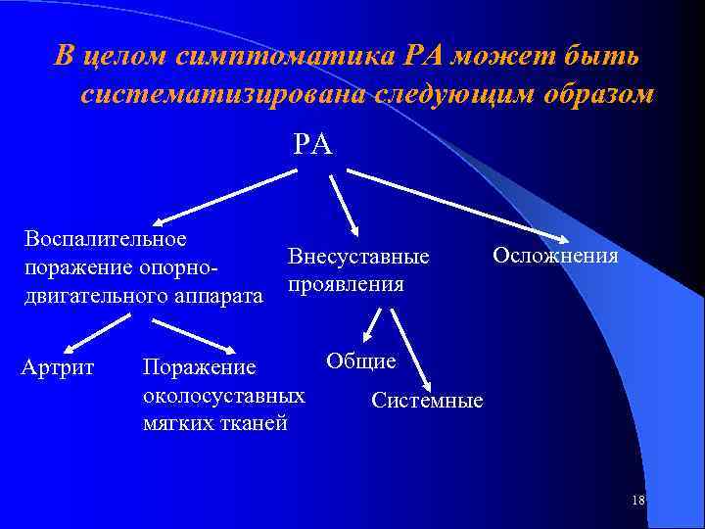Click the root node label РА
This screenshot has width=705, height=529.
coord(313,145)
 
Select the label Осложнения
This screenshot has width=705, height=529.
coord(555,256)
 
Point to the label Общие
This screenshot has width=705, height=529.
coord(361,361)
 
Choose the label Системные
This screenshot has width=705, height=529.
coord(427,401)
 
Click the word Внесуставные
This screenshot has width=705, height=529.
coord(358,258)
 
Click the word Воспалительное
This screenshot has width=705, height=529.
coord(106,238)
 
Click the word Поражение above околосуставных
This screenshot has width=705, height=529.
coord(199,369)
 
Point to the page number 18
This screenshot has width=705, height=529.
coord(638,501)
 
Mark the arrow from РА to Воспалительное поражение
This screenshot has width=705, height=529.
coord(226,197)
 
